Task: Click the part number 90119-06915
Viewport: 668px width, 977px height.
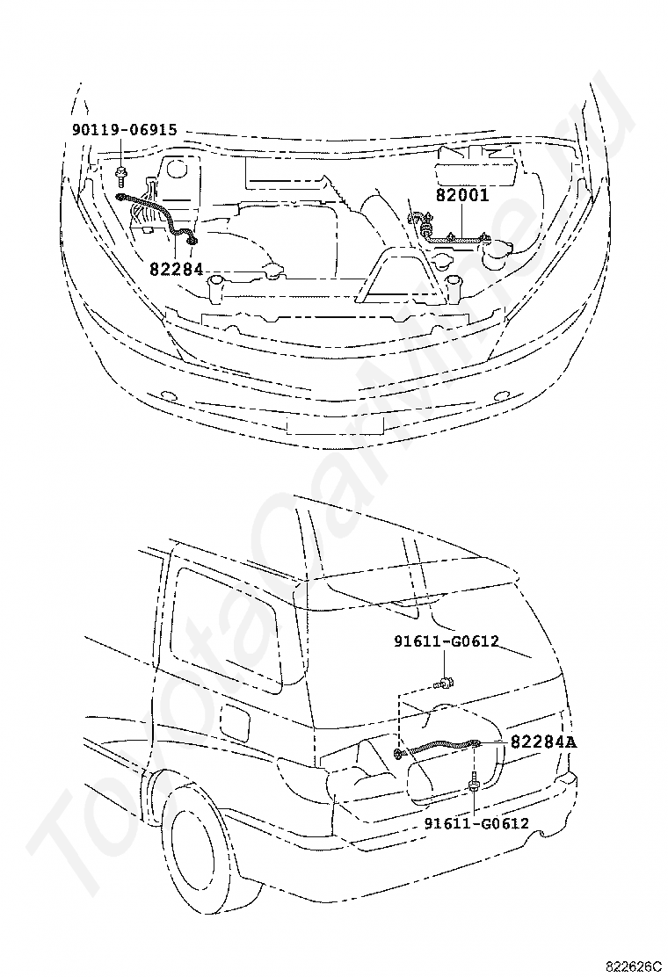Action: tap(124, 131)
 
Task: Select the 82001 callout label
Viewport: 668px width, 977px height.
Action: tap(461, 196)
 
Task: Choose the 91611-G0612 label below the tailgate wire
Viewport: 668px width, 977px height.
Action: tap(476, 823)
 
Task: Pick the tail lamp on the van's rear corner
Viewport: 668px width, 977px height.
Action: tap(301, 773)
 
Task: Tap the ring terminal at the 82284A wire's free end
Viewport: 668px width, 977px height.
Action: tap(400, 754)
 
